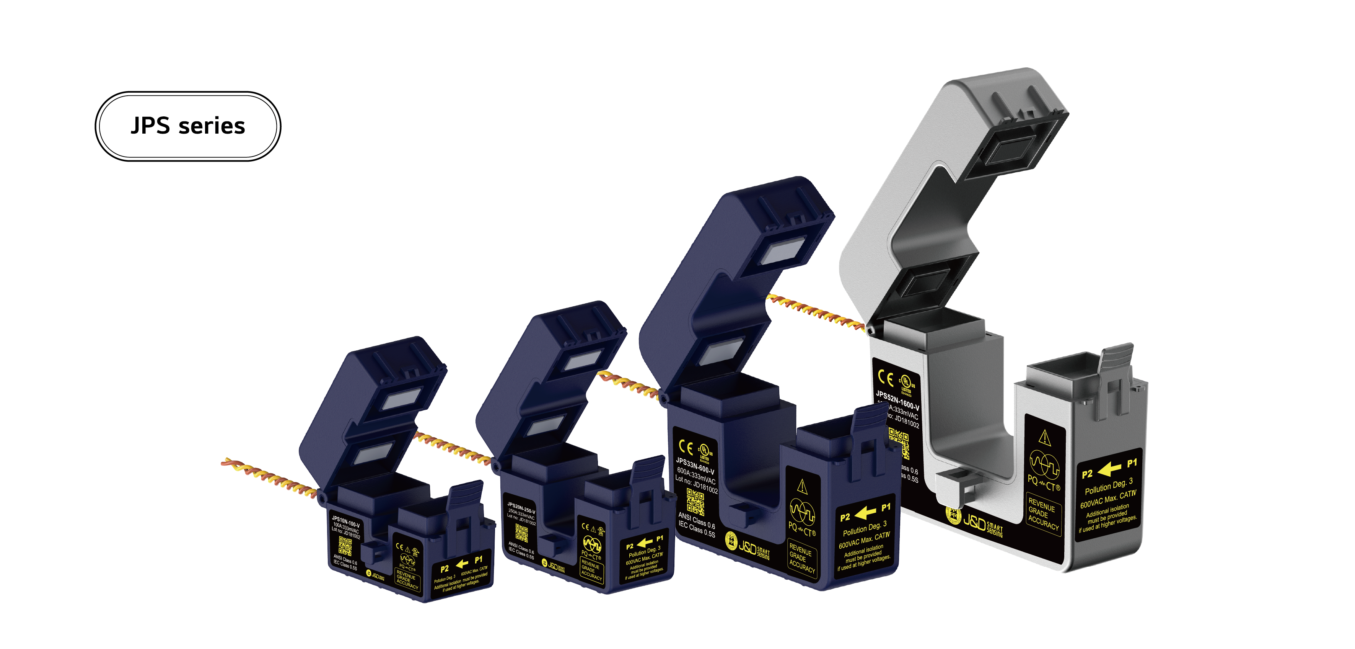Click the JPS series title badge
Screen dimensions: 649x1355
pos(188,126)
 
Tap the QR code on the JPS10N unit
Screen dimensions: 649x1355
pos(345,545)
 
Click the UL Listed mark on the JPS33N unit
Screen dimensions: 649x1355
pos(704,451)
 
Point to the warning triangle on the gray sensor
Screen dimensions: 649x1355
pos(1045,437)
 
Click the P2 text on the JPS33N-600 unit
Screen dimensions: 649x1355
pos(845,517)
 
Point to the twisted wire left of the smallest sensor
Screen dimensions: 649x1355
pos(268,476)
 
